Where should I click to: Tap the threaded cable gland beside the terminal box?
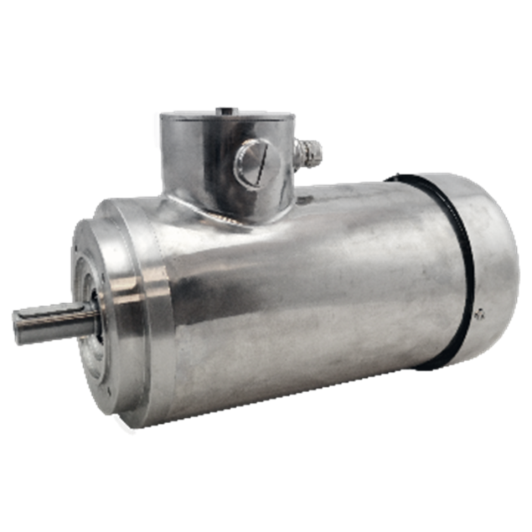click(x=312, y=152)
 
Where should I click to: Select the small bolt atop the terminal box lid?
click(x=225, y=109)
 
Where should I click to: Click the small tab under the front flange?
click(x=126, y=429)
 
